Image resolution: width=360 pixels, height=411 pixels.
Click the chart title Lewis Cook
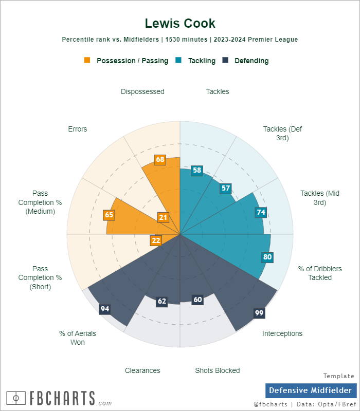pyautogui.click(x=180, y=23)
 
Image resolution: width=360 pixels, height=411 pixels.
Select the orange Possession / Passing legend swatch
pyautogui.click(x=87, y=60)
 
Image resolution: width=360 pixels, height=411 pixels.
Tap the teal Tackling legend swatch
pyautogui.click(x=179, y=60)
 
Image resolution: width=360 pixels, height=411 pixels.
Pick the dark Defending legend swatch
pyautogui.click(x=225, y=60)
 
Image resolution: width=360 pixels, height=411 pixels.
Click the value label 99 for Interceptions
pyautogui.click(x=259, y=313)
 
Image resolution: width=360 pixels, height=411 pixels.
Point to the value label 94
pyautogui.click(x=105, y=309)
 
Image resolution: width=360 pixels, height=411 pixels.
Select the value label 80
pyautogui.click(x=267, y=257)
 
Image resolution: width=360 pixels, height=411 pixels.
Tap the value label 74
pyautogui.click(x=261, y=212)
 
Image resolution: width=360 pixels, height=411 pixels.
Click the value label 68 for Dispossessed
pyautogui.click(x=160, y=159)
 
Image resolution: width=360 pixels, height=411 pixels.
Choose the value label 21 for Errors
pyautogui.click(x=163, y=217)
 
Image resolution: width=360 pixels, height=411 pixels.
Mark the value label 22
pyautogui.click(x=156, y=240)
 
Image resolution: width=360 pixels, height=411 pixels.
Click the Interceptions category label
pyautogui.click(x=282, y=333)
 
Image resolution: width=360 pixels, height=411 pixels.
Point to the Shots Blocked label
pyautogui.click(x=217, y=370)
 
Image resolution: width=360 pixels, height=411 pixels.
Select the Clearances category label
pyautogui.click(x=142, y=370)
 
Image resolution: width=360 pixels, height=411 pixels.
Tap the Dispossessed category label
pyautogui.click(x=142, y=91)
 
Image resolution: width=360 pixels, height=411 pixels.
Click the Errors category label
pyautogui.click(x=78, y=129)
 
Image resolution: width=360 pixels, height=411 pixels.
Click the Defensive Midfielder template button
pyautogui.click(x=311, y=390)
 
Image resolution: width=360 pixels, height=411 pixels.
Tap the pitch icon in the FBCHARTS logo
pyautogui.click(x=16, y=398)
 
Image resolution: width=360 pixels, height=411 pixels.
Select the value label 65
pyautogui.click(x=109, y=215)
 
